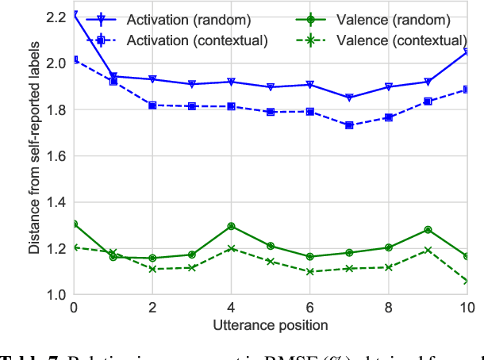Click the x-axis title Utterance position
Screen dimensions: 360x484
coord(271,324)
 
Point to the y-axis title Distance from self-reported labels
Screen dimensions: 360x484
coord(35,155)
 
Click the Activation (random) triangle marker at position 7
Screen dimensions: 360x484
coord(349,98)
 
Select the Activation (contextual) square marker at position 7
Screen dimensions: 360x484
coord(349,125)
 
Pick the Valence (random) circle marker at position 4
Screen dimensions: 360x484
coord(231,226)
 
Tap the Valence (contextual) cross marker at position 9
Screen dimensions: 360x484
coord(428,250)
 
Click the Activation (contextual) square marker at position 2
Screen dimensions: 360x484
coord(152,105)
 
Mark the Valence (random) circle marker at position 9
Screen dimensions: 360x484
coord(428,230)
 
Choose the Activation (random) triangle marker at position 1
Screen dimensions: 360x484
coord(113,77)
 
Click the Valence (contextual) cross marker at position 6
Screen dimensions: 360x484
coord(309,272)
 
